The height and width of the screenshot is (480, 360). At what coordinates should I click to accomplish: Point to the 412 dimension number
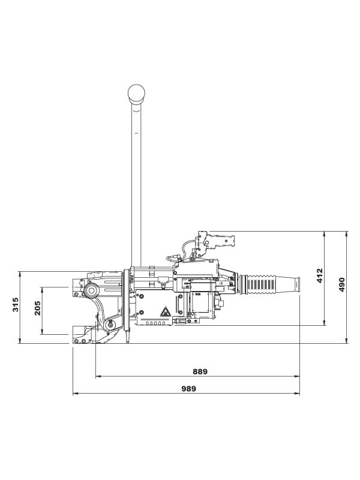pos(320,276)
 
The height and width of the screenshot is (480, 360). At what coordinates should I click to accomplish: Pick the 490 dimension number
pos(342,284)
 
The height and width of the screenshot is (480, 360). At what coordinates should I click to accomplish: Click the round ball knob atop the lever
pos(137,94)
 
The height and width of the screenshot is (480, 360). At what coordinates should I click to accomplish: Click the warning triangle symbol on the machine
pos(163,313)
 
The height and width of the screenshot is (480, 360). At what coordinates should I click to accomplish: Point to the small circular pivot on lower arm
pos(109,325)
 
